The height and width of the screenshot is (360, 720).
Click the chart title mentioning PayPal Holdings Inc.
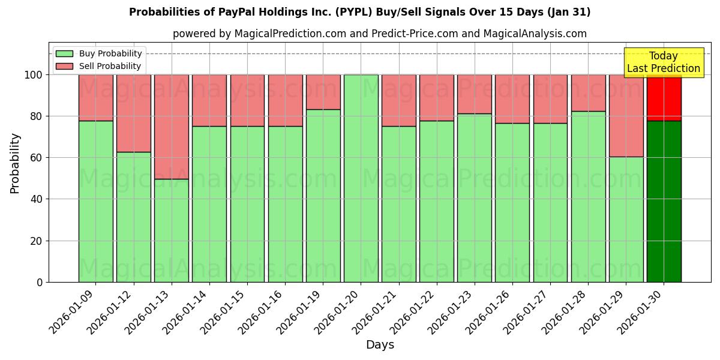pos(359,12)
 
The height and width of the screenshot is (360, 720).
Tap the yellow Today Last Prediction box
pos(663,62)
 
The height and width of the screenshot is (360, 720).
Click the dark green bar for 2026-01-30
pos(664,201)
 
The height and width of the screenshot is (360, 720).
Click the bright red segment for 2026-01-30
pos(664,97)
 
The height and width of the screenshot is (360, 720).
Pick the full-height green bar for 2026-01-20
pos(361,178)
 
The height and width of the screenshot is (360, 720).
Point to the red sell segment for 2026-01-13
pos(172,127)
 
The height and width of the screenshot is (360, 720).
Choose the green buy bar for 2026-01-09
pos(95,201)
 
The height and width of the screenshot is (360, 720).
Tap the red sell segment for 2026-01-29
pos(626,115)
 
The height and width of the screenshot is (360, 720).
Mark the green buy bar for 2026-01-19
pos(323,196)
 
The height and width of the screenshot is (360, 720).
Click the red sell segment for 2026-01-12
pos(134,113)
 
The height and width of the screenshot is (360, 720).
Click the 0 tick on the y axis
pos(40,282)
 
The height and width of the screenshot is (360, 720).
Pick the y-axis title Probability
pos(15,163)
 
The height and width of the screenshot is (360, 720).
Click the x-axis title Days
pos(380,345)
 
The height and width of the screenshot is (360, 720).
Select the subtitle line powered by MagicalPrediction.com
pos(379,34)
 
